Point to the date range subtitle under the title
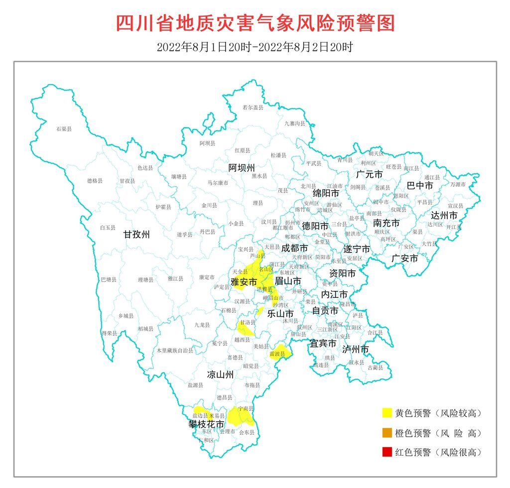point(255,48)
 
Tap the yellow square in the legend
point(386,413)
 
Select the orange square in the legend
point(386,433)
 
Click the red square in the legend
point(386,452)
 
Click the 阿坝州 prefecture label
point(242,167)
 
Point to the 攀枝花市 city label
point(206,424)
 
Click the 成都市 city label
point(294,247)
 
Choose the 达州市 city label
point(444,216)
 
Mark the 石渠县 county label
point(64,129)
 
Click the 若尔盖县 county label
point(253,107)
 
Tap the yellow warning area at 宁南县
point(241,416)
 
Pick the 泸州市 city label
point(356,349)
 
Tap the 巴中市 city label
point(420,185)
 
